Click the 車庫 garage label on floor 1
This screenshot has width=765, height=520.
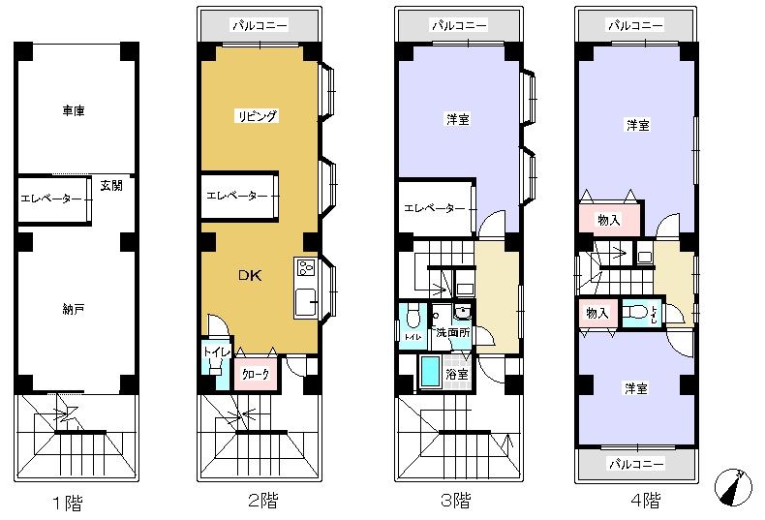point(74,112)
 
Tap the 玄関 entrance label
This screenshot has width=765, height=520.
point(110,186)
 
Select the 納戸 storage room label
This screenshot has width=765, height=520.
point(74,309)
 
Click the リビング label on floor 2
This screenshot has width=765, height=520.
point(257,116)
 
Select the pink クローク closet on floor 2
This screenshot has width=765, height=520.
point(257,374)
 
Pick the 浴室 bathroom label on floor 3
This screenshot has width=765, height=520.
point(456,374)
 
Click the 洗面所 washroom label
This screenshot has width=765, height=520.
point(451,332)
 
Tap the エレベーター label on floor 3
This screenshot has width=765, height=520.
point(435,208)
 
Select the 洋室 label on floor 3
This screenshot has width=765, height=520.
point(458,120)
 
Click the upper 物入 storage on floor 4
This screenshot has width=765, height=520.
point(610,220)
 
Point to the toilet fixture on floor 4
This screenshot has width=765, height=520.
point(637,313)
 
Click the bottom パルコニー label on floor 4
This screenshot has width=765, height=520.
point(635,465)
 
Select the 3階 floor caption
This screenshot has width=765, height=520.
point(455,502)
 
